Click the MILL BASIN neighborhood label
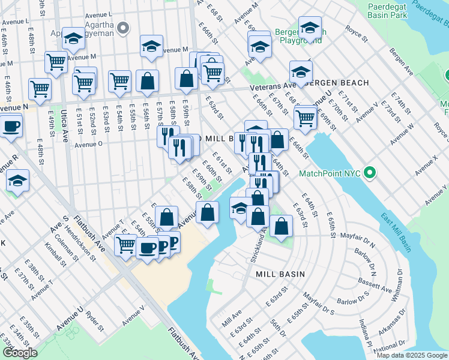[x=280, y=274]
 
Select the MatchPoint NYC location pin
[x=370, y=174]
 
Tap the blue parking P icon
[x=173, y=242]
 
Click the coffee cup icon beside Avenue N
[x=11, y=127]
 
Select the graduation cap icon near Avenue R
[x=17, y=181]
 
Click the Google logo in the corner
[x=20, y=353]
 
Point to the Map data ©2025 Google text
[x=412, y=355]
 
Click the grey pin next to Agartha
[x=124, y=28]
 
